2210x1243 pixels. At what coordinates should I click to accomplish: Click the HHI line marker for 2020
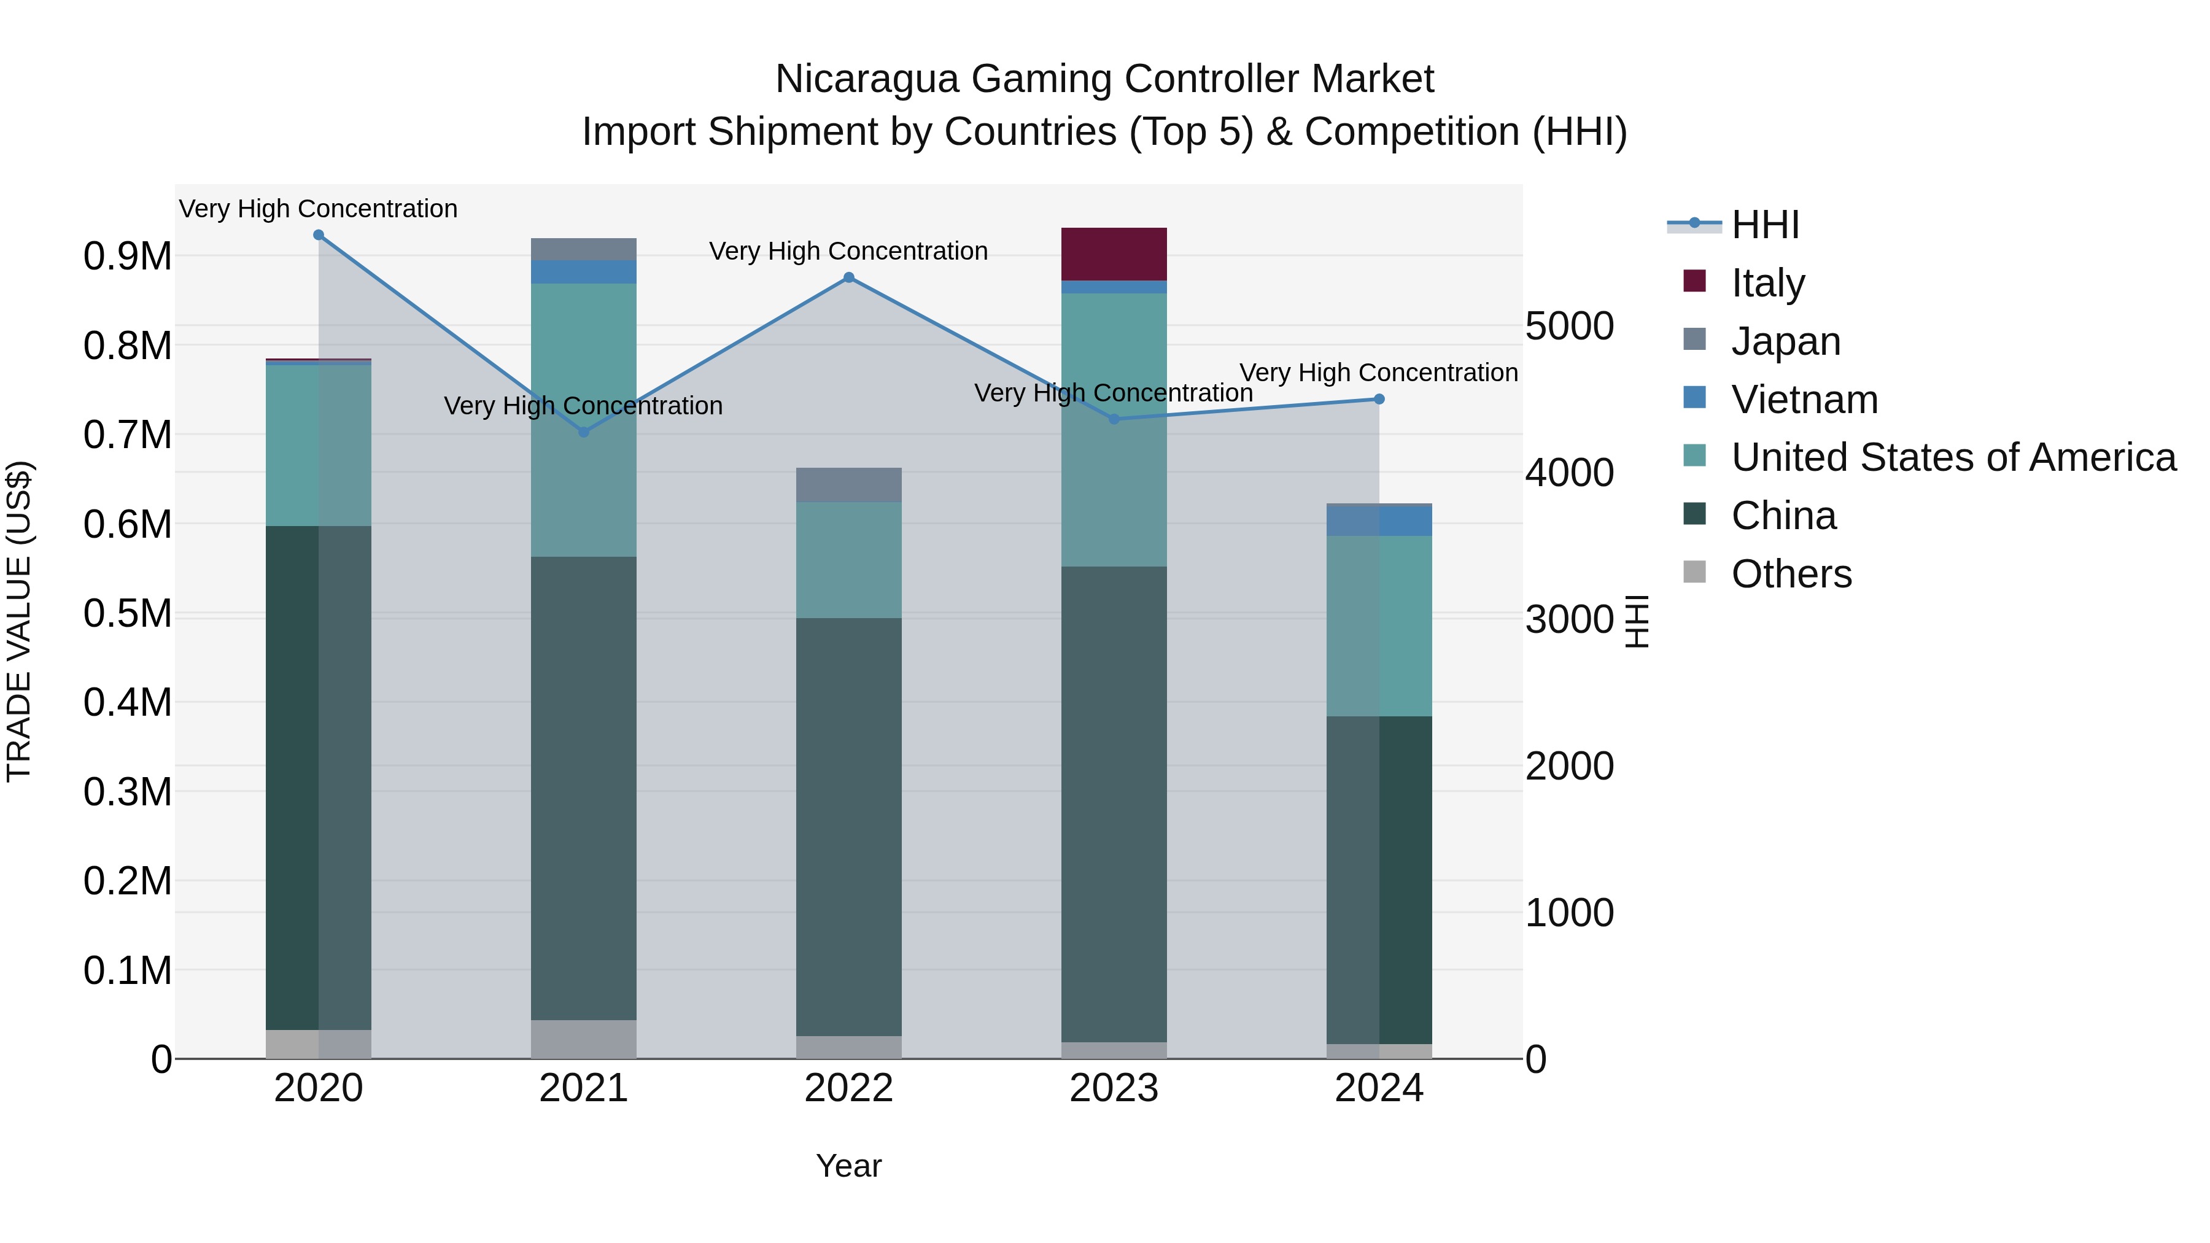(x=318, y=235)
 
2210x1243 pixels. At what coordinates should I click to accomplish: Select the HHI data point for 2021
(x=583, y=432)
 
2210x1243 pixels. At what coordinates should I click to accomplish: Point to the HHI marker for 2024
(x=1379, y=399)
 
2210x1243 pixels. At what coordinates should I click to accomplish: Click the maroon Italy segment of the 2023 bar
(x=1114, y=254)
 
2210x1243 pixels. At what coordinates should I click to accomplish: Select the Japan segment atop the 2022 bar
(x=848, y=485)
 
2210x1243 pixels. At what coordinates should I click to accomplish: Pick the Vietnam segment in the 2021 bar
(x=583, y=272)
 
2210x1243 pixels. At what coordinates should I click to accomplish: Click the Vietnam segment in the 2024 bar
(x=1379, y=521)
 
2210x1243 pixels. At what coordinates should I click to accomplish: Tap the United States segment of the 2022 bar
(x=848, y=560)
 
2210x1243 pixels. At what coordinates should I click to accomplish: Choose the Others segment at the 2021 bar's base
(x=583, y=1039)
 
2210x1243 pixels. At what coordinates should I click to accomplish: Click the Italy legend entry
(x=1767, y=282)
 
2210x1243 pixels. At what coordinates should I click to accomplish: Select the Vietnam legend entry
(x=1804, y=399)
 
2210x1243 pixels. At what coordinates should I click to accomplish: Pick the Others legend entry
(x=1791, y=574)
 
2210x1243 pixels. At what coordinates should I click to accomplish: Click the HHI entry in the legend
(x=1765, y=225)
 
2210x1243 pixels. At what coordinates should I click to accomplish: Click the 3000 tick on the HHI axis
(x=1569, y=619)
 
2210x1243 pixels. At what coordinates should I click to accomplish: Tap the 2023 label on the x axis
(x=1114, y=1088)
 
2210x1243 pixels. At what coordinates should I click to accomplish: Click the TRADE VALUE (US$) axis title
(x=19, y=621)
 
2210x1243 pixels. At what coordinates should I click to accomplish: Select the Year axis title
(x=848, y=1166)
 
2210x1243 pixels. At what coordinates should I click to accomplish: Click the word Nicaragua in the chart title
(x=866, y=79)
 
